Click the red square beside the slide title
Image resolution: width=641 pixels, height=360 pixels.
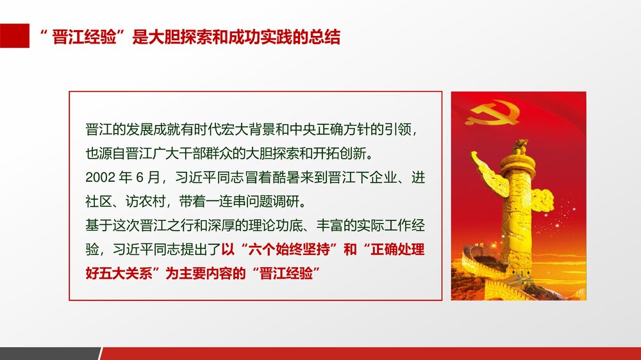pyautogui.click(x=15, y=36)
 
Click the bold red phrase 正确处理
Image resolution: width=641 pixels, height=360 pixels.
pyautogui.click(x=401, y=250)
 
